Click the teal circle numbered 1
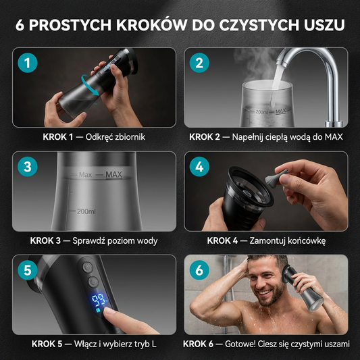pyautogui.click(x=28, y=63)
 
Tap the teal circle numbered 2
pyautogui.click(x=199, y=63)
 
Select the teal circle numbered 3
pyautogui.click(x=28, y=166)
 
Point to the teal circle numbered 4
pyautogui.click(x=199, y=166)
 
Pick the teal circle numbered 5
pyautogui.click(x=28, y=270)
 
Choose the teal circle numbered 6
pyautogui.click(x=199, y=270)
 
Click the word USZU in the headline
pyautogui.click(x=324, y=25)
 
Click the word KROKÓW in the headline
pyautogui.click(x=152, y=24)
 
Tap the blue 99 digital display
pyautogui.click(x=99, y=301)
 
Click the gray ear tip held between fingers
pyautogui.click(x=276, y=176)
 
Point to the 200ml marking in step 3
pyautogui.click(x=86, y=211)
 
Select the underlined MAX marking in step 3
pyautogui.click(x=113, y=175)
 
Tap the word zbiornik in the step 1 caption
pyautogui.click(x=130, y=137)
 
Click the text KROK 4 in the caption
pyautogui.click(x=222, y=240)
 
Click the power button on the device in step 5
pyautogui.click(x=88, y=267)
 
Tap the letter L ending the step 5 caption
pyautogui.click(x=154, y=344)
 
